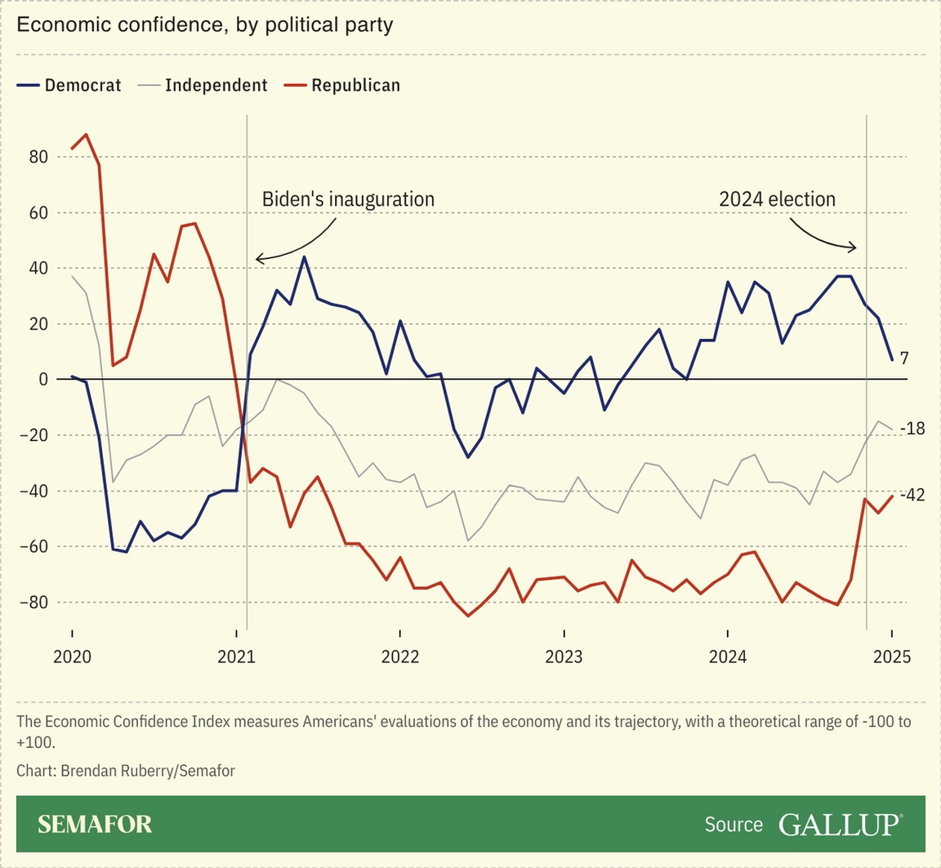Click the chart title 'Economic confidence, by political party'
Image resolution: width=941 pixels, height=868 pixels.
pyautogui.click(x=205, y=24)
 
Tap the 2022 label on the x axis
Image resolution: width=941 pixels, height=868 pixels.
pyautogui.click(x=399, y=657)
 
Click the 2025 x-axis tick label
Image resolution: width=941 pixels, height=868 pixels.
pyautogui.click(x=891, y=657)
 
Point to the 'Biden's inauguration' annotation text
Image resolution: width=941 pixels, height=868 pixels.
pyautogui.click(x=348, y=199)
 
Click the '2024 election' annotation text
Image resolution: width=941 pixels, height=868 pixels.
pyautogui.click(x=777, y=199)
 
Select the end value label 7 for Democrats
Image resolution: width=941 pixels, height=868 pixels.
pyautogui.click(x=905, y=358)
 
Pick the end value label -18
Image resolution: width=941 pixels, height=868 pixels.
pyautogui.click(x=912, y=428)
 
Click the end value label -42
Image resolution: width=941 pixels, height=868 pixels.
pyautogui.click(x=912, y=495)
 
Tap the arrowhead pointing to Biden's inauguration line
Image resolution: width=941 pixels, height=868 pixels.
pyautogui.click(x=258, y=259)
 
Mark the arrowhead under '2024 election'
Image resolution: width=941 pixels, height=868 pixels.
pyautogui.click(x=854, y=247)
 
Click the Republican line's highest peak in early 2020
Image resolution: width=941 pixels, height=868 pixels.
pyautogui.click(x=86, y=135)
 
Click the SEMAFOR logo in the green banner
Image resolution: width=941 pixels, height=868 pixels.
pyautogui.click(x=95, y=824)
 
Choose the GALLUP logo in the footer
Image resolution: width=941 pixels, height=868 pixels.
pyautogui.click(x=841, y=824)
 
